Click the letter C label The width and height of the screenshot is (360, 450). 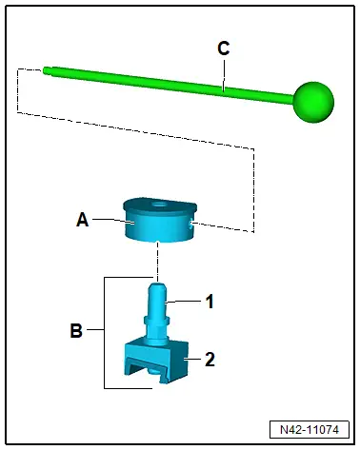[223, 49]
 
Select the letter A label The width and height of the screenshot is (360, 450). [83, 220]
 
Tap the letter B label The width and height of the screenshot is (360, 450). [76, 330]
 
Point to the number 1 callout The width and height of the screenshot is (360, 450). [210, 302]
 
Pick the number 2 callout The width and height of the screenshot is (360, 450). [210, 360]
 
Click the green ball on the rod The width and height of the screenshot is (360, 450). [313, 102]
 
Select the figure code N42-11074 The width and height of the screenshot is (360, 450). [310, 430]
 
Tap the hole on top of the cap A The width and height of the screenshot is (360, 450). [158, 204]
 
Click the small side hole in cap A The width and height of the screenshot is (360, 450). [190, 225]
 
